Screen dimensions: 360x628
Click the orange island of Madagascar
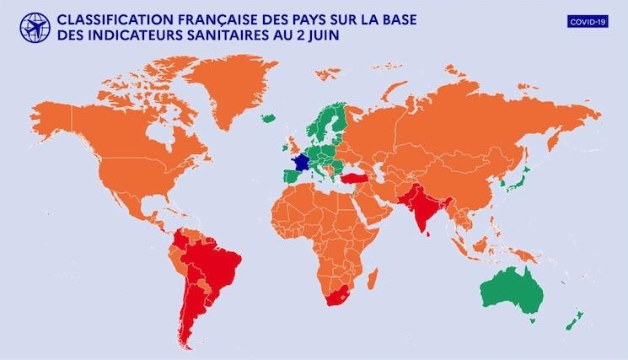tap(370, 274)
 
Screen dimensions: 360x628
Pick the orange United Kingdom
tap(292, 142)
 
